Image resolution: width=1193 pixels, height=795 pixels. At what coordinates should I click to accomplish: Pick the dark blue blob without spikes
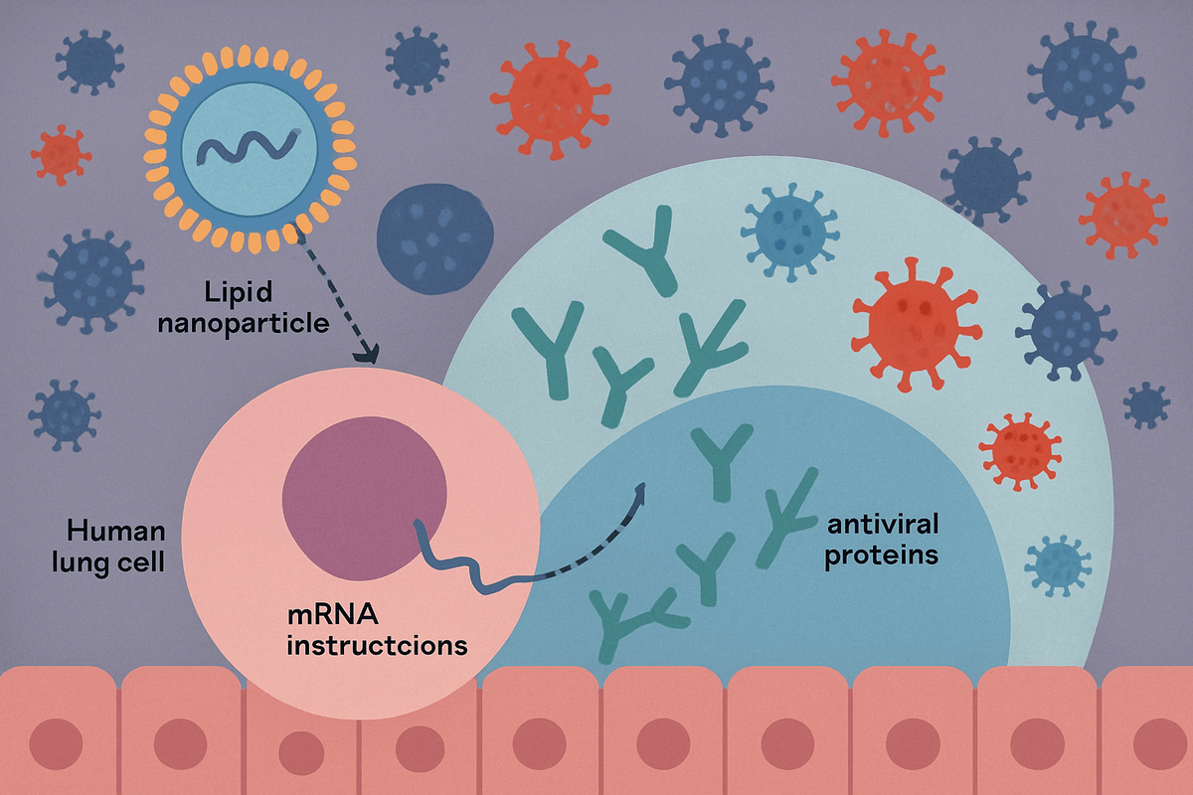(435, 235)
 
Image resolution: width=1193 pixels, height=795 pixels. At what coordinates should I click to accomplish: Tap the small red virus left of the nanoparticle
(61, 154)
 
